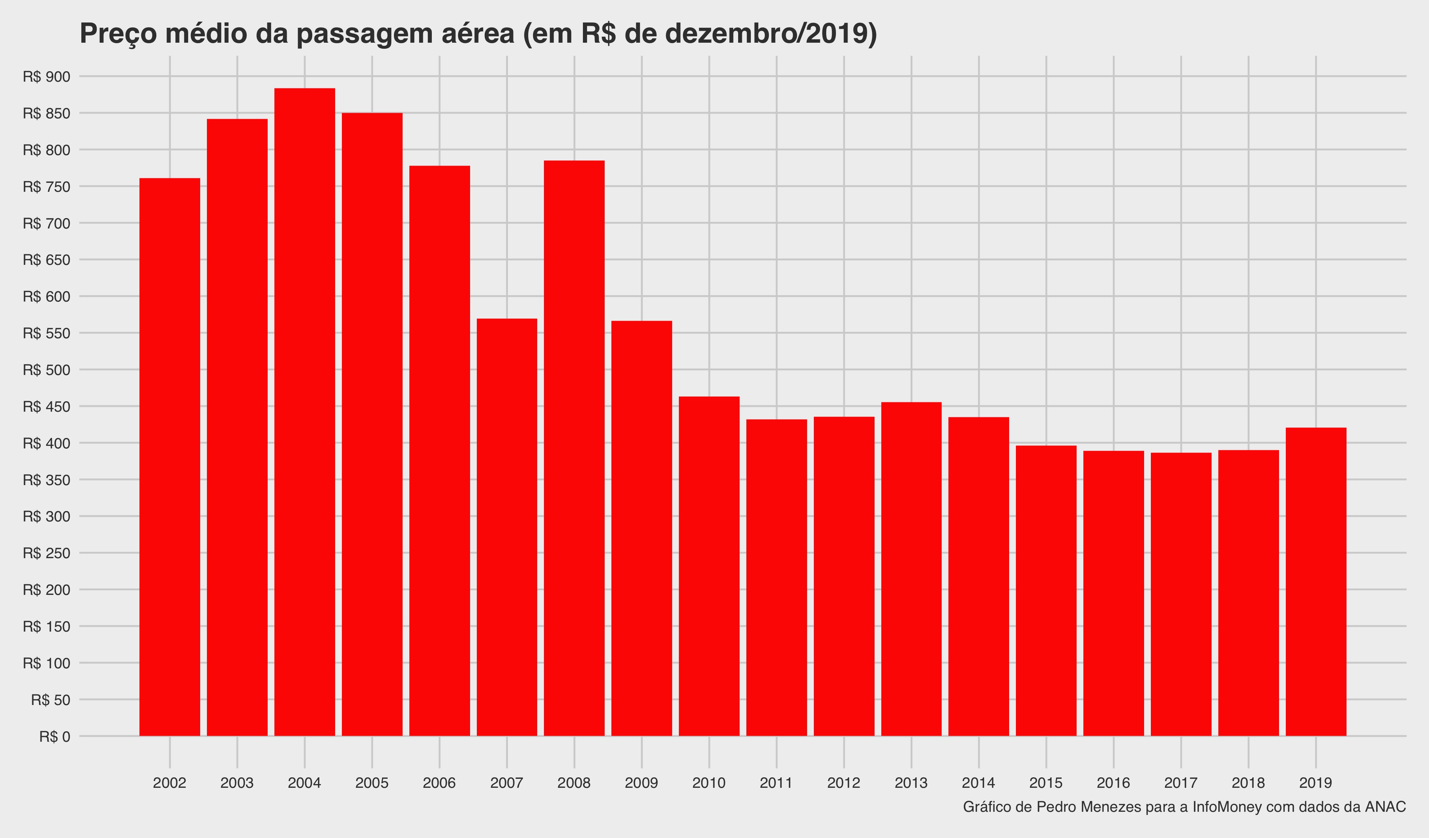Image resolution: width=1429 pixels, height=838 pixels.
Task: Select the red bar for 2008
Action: [x=574, y=448]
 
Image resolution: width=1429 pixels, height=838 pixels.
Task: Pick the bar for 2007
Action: [x=506, y=527]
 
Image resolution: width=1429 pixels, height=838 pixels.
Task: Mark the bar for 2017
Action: [x=1180, y=595]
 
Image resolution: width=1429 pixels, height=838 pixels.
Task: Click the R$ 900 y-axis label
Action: [x=46, y=76]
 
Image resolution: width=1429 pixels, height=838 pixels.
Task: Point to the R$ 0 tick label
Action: [x=55, y=736]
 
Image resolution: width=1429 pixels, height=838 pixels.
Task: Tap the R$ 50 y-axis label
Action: [x=51, y=700]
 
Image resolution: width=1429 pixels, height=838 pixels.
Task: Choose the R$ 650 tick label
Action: [x=46, y=260]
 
